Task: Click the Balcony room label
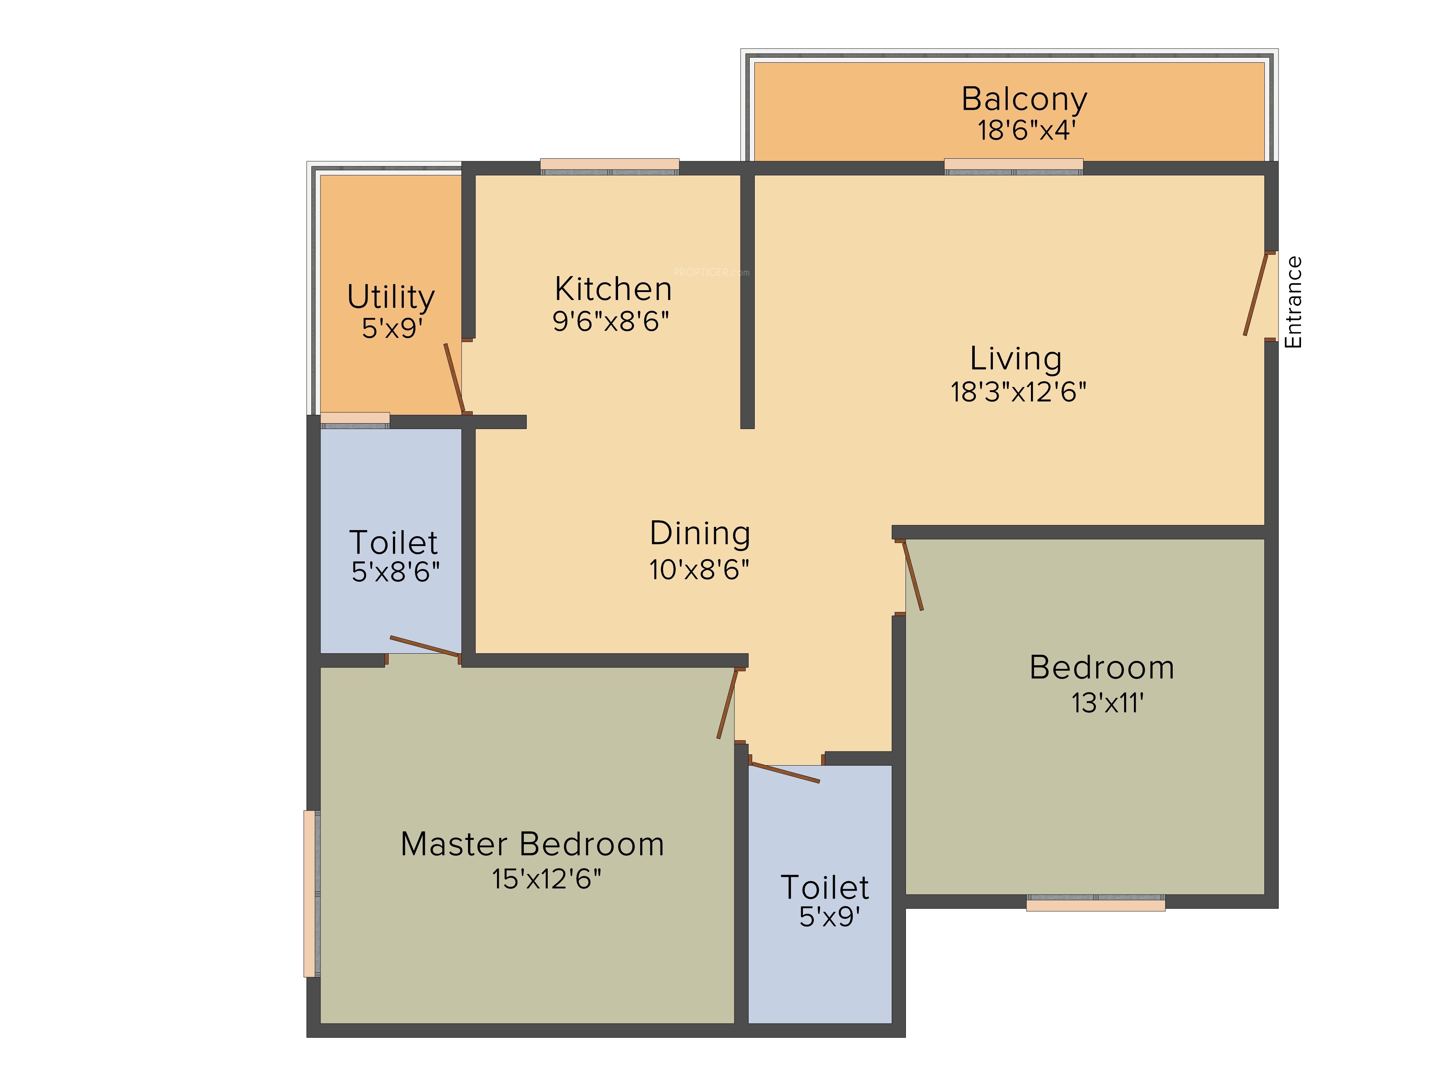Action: coord(1024,100)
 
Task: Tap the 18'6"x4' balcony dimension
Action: coord(1026,130)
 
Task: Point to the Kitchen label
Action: coord(613,289)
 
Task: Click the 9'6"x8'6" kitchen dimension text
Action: coord(611,321)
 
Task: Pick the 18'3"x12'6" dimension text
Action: coord(1018,392)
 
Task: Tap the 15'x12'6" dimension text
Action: coord(547,879)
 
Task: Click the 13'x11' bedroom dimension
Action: coord(1107,703)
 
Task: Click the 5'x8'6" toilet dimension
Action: coord(395,572)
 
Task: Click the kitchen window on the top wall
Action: coord(610,166)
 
